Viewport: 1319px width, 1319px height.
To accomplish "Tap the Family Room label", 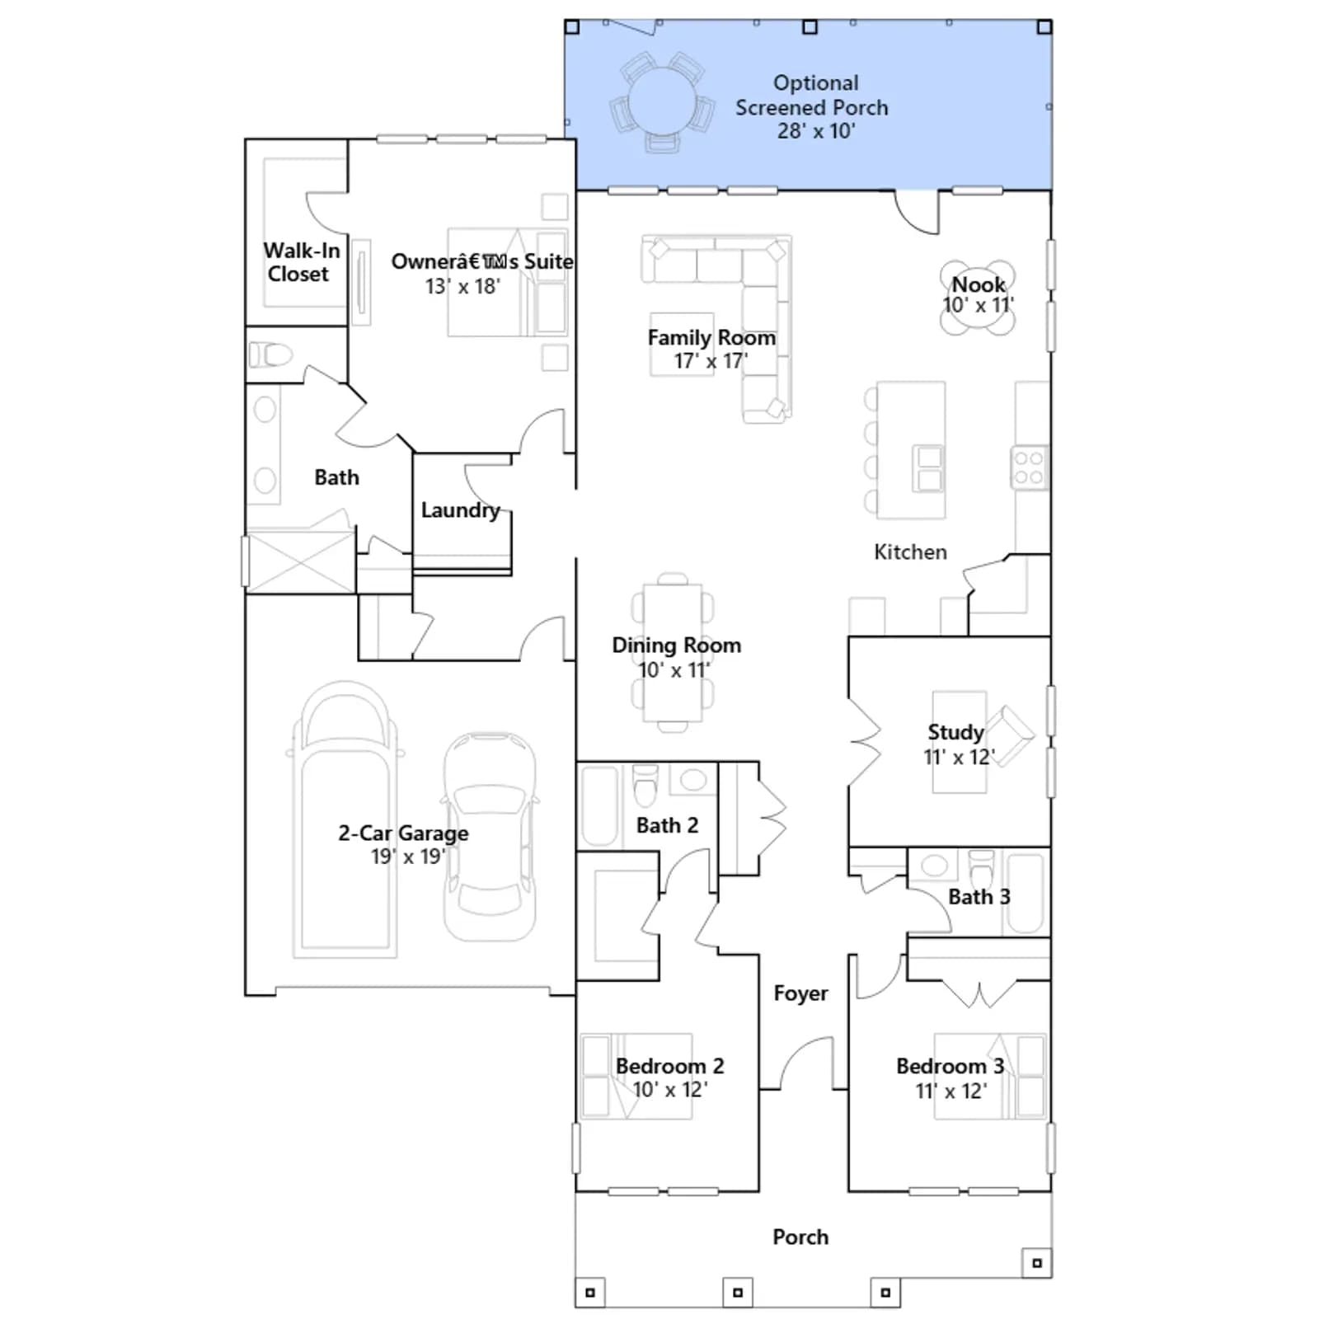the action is (711, 337).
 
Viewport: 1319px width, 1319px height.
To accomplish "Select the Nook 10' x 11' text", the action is (979, 294).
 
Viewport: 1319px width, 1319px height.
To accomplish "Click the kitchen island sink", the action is (928, 467).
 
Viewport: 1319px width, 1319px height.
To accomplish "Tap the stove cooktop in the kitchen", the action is (1028, 467).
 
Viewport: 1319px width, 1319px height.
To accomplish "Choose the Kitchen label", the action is (910, 552).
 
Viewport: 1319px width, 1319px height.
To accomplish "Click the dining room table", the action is (673, 652).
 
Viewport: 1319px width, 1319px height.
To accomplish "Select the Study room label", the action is (955, 732).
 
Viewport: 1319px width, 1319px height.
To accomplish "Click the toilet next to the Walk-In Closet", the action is (270, 355).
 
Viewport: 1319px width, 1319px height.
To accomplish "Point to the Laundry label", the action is (460, 510).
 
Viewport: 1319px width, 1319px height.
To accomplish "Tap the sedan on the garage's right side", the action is (490, 836).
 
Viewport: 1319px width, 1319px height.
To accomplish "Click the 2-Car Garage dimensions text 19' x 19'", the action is (408, 857).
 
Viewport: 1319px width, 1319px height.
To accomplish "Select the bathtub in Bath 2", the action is (599, 806).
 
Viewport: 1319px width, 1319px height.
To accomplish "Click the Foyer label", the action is (800, 993).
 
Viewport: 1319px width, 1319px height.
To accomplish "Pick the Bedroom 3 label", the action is (951, 1066).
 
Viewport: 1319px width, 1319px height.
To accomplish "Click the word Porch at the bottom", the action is (800, 1237).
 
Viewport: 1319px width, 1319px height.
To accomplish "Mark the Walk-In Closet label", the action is (301, 262).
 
